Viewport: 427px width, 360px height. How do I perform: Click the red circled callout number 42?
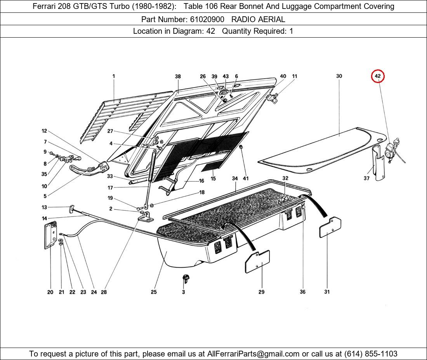378,76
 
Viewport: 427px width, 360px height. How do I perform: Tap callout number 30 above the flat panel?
339,76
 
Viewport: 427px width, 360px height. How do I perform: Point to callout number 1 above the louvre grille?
114,76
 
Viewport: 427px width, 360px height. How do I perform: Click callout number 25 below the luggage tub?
154,292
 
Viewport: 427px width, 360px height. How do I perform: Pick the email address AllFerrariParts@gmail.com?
253,354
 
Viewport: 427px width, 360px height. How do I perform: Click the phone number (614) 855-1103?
371,354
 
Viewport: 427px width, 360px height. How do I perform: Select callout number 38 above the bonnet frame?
178,76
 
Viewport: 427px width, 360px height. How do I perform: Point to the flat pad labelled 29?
257,262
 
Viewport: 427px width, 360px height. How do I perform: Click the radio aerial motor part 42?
392,149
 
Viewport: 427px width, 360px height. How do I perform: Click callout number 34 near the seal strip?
235,178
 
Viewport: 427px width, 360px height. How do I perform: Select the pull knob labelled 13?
72,209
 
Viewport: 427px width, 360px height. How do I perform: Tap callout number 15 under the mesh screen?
213,178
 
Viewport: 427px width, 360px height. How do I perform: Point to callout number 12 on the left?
44,131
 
